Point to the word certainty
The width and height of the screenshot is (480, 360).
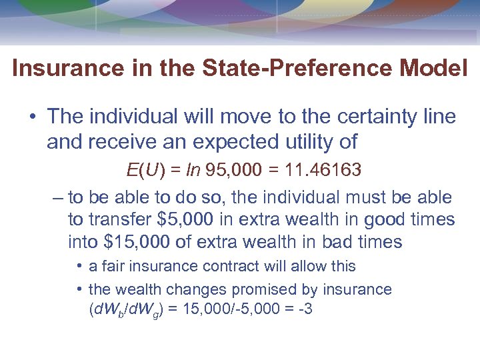tap(366, 117)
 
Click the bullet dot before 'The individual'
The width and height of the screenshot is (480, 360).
tap(32, 117)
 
